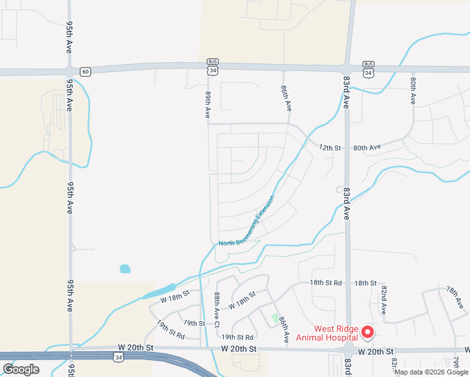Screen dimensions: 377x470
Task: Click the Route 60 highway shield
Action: pyautogui.click(x=85, y=72)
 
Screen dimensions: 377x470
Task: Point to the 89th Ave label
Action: pyautogui.click(x=207, y=104)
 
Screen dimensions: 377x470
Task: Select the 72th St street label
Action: pyautogui.click(x=329, y=148)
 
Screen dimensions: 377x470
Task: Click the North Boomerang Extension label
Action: pyautogui.click(x=247, y=222)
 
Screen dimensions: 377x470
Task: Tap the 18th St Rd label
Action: pyautogui.click(x=325, y=283)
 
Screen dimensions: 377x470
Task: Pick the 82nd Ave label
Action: pyautogui.click(x=384, y=300)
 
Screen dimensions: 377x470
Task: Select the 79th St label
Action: pyautogui.click(x=194, y=323)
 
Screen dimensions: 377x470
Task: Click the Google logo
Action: pyautogui.click(x=21, y=369)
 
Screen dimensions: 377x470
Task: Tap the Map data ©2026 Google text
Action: pyautogui.click(x=431, y=372)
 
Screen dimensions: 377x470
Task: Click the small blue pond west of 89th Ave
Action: pyautogui.click(x=125, y=269)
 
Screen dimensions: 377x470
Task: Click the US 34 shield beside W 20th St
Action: pyautogui.click(x=119, y=356)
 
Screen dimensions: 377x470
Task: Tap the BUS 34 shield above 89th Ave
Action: pyautogui.click(x=214, y=68)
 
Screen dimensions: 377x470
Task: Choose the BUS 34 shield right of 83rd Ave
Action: pyautogui.click(x=368, y=70)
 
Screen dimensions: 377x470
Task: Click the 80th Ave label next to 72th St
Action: pyautogui.click(x=367, y=148)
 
